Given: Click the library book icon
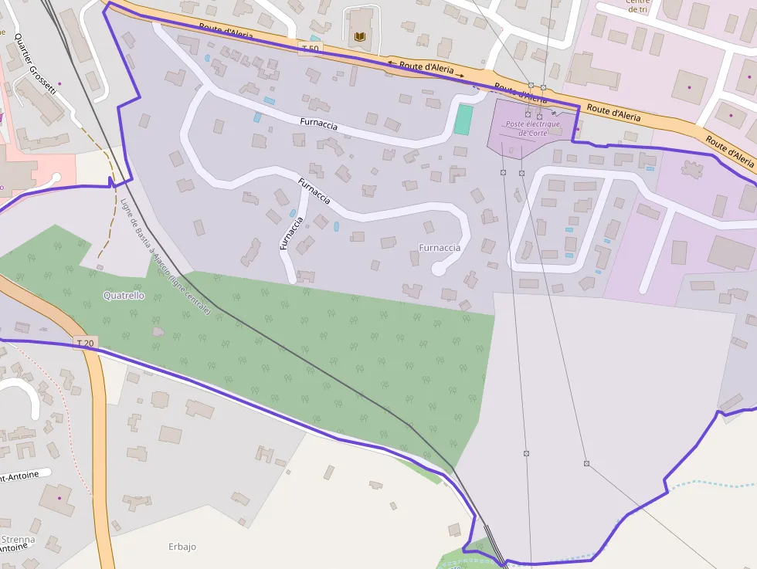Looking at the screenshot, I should (359, 36).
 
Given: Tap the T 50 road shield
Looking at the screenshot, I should (310, 49).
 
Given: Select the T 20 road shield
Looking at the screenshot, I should (87, 342).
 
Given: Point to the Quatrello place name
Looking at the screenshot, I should (124, 296).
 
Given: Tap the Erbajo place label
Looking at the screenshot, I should (182, 547).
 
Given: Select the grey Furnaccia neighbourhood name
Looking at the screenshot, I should (440, 248).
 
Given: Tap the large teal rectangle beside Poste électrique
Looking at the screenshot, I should (463, 120).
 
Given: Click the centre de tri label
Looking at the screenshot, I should (638, 6).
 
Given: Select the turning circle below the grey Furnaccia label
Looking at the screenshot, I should (438, 269).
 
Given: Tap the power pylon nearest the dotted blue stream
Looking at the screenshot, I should (586, 463).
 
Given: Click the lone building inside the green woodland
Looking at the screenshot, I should (158, 332).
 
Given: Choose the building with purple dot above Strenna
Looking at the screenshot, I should (58, 499).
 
